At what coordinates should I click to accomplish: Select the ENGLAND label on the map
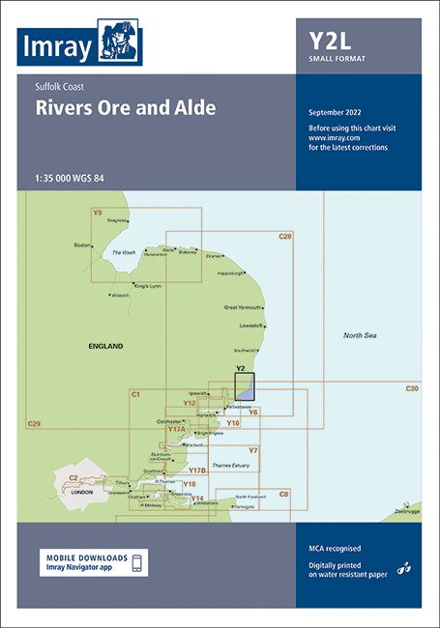105,345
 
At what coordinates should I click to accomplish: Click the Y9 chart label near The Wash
97,213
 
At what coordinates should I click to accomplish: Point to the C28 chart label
285,237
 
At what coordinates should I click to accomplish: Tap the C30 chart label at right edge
412,388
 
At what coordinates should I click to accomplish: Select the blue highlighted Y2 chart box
245,387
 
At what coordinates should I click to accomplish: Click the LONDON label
82,492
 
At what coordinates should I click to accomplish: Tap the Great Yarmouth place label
243,308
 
